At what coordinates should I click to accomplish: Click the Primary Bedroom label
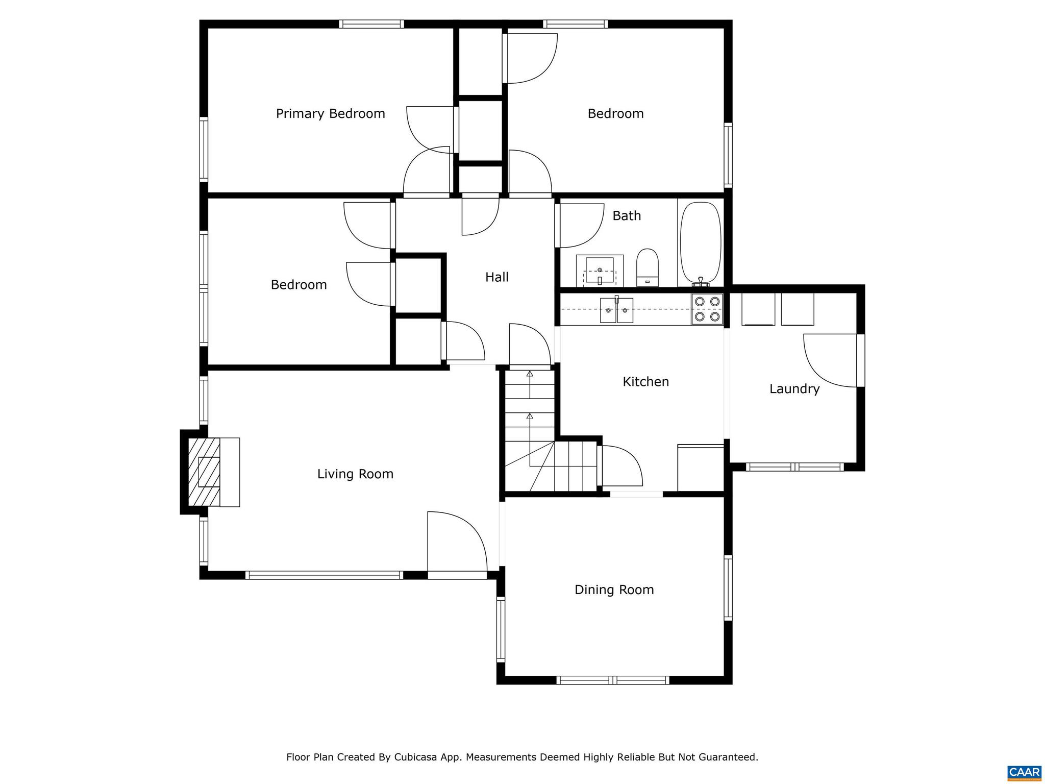[330, 113]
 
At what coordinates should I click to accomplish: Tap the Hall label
[496, 277]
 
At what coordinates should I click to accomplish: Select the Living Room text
[355, 474]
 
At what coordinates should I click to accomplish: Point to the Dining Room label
[614, 590]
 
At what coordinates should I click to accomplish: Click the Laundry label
[794, 389]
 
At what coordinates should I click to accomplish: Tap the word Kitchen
[645, 382]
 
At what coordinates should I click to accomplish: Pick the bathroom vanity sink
[600, 271]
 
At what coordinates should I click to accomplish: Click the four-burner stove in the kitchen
[707, 309]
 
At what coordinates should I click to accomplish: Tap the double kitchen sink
[616, 310]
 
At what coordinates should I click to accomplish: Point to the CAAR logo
[1024, 772]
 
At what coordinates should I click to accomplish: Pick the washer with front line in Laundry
[758, 309]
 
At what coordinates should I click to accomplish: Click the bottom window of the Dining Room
[612, 680]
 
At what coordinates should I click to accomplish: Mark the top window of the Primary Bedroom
[371, 24]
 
